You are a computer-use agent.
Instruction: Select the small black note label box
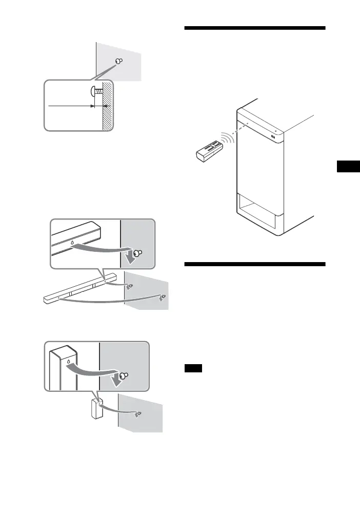[193, 368]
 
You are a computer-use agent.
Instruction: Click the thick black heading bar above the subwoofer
[254, 28]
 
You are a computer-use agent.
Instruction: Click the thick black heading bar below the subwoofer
[254, 264]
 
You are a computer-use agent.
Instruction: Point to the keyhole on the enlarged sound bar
[72, 241]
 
